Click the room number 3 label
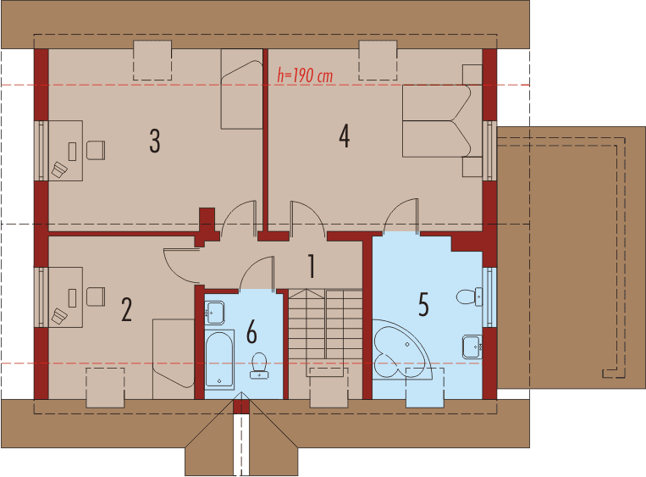(x=154, y=141)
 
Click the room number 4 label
(x=344, y=136)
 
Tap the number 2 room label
(x=127, y=309)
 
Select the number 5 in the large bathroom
(x=423, y=303)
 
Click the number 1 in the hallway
(x=312, y=266)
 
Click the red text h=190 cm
(x=305, y=75)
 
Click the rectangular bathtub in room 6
(x=219, y=358)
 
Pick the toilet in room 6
(x=258, y=365)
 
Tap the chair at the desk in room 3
(x=96, y=150)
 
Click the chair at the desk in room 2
(x=96, y=297)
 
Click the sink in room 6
(x=216, y=311)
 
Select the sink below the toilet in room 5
(x=472, y=346)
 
